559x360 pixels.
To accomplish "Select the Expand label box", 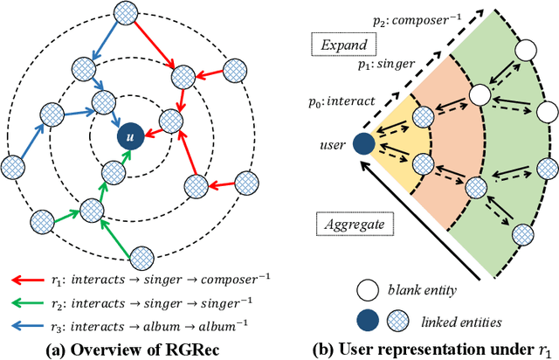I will click(x=343, y=44).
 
